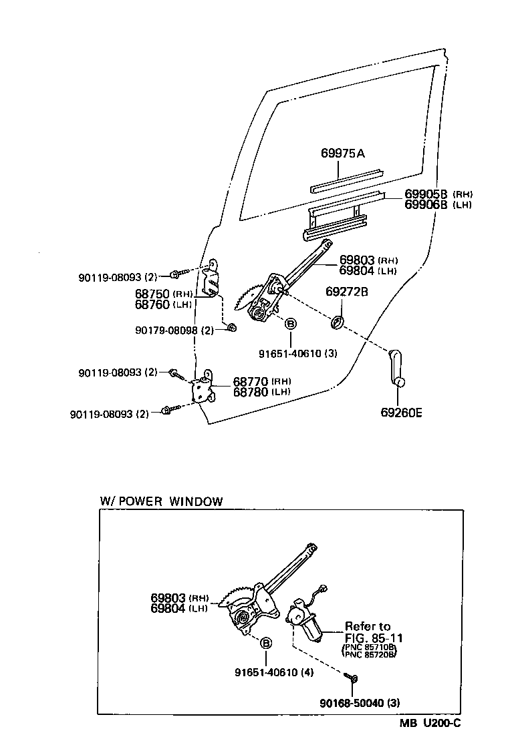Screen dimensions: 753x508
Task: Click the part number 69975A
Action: (x=342, y=153)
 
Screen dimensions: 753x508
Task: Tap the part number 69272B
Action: (x=347, y=292)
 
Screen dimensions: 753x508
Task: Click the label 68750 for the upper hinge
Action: (x=153, y=294)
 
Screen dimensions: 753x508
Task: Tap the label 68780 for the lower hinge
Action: (x=251, y=392)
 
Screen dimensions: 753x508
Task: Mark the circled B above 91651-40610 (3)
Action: (x=290, y=324)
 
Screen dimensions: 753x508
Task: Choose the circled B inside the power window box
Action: (x=265, y=643)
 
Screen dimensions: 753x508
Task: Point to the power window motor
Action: (x=305, y=621)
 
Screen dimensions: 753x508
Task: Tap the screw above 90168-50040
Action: (x=353, y=678)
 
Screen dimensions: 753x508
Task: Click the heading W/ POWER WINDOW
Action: (x=161, y=501)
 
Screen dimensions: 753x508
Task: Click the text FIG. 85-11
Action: (x=374, y=638)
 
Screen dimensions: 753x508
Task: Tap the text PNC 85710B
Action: (x=369, y=648)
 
